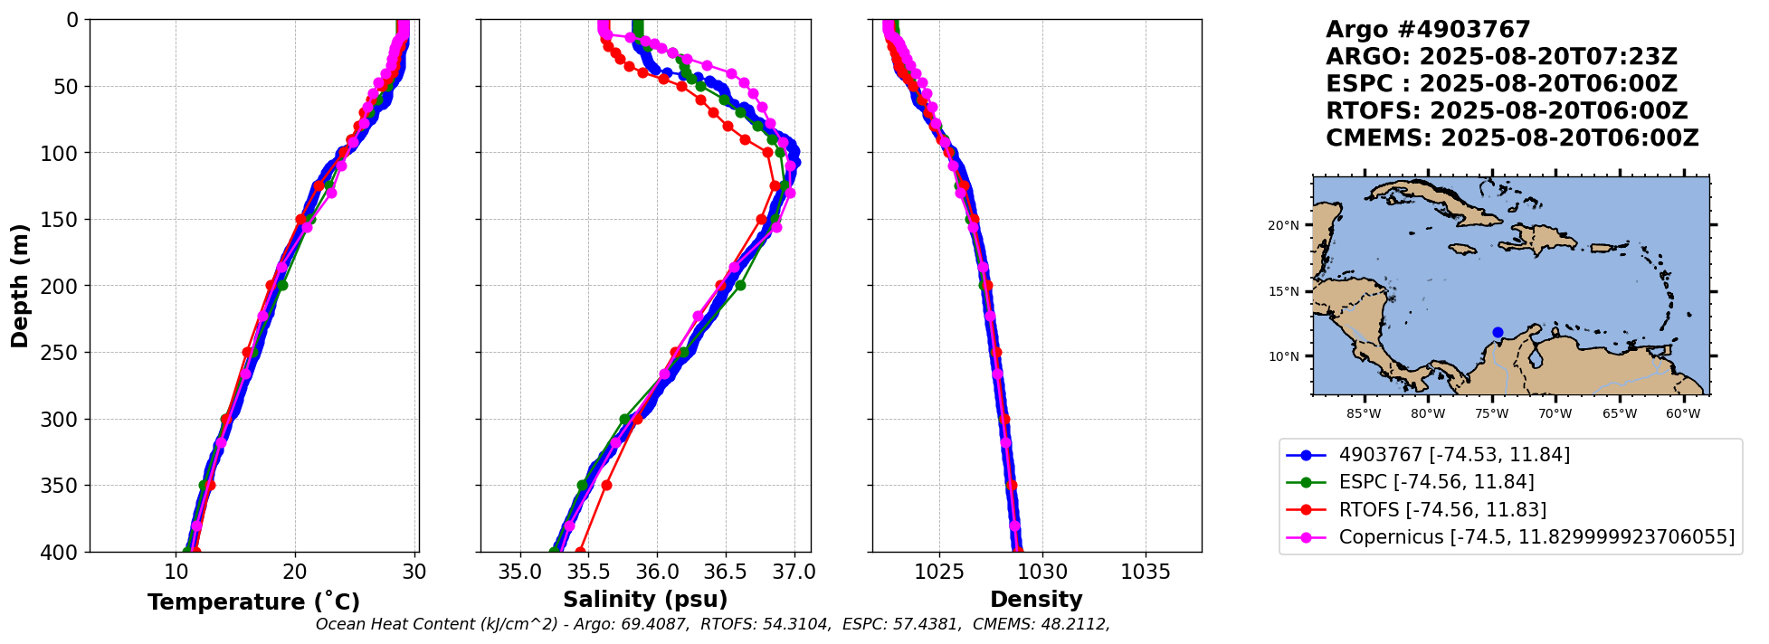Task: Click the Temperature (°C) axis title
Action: [x=253, y=601]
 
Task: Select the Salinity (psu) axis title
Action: [x=645, y=600]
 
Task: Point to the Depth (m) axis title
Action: [x=20, y=285]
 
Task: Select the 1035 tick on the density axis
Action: [x=1146, y=572]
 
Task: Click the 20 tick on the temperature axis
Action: [x=295, y=572]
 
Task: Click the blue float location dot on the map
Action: [x=1498, y=332]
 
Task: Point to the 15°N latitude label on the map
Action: [x=1283, y=291]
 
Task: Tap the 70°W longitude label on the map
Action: [x=1555, y=414]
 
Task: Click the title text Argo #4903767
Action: [x=1428, y=30]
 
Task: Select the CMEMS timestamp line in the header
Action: [x=1512, y=138]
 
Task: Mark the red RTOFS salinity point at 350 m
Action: [x=606, y=486]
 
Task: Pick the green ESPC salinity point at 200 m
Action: [x=740, y=285]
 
